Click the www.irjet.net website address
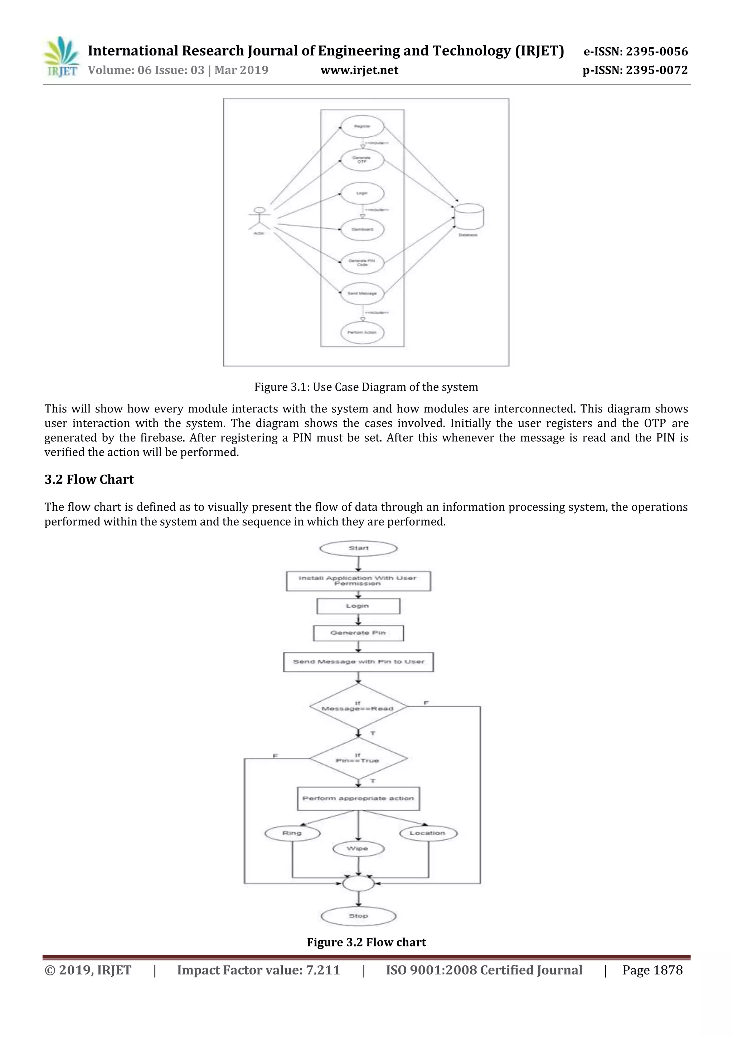click(359, 71)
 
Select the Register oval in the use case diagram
click(362, 126)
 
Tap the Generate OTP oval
click(362, 160)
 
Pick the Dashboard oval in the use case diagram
click(362, 229)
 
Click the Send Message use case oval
click(362, 294)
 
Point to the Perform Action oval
click(362, 333)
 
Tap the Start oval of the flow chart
click(359, 548)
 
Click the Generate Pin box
click(358, 633)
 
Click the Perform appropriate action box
click(358, 799)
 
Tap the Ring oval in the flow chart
click(292, 833)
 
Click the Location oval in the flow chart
click(428, 833)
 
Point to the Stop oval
click(359, 916)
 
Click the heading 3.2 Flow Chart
click(89, 480)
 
